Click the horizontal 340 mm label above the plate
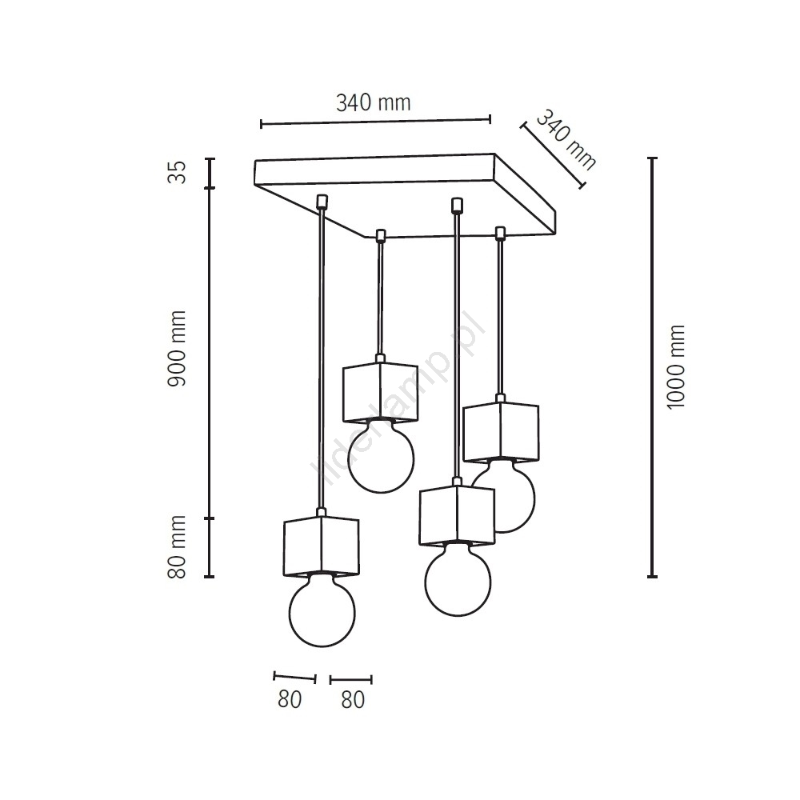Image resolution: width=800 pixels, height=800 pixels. [374, 103]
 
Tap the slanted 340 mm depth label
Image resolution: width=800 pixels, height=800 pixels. [566, 139]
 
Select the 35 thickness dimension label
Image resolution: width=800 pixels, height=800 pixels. [178, 172]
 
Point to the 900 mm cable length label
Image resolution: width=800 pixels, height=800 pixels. [177, 349]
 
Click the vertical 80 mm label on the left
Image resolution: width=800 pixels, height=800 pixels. [177, 546]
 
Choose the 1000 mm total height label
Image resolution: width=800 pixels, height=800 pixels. [675, 367]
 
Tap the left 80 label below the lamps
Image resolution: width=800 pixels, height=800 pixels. [290, 699]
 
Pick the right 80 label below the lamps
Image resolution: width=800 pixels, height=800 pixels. [353, 699]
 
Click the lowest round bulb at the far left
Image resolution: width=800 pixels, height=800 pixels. [322, 610]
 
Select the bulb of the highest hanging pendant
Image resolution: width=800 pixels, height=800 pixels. [381, 456]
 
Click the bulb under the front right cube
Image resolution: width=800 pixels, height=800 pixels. [458, 579]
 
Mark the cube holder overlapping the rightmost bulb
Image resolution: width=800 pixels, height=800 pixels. [457, 515]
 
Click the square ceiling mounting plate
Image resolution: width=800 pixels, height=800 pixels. [405, 195]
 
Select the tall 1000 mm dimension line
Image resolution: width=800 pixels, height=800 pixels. [652, 367]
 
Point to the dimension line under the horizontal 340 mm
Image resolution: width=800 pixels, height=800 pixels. [375, 122]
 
